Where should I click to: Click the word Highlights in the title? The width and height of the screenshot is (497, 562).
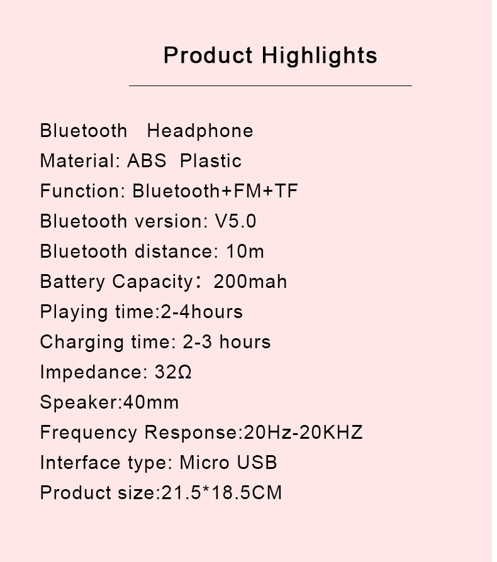[319, 57]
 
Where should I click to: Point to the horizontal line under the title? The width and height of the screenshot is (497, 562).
[271, 86]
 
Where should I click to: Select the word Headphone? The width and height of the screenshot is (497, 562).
[200, 131]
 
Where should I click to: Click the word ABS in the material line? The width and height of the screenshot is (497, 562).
[147, 160]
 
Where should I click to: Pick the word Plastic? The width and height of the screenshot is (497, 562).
[211, 160]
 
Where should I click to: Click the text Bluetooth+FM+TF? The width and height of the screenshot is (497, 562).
[215, 190]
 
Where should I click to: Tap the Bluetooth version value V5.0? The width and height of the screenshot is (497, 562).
[235, 221]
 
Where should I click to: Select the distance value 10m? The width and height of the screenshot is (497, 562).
[245, 251]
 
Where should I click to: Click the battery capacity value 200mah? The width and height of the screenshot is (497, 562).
[250, 282]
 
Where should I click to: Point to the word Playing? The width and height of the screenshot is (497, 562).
[74, 312]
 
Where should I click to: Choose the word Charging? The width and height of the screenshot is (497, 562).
[82, 342]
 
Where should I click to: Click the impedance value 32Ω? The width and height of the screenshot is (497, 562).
[173, 372]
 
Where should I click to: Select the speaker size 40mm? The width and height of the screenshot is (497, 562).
[151, 402]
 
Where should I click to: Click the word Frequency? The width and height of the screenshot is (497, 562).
[89, 433]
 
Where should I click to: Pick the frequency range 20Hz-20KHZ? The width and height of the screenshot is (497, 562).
[303, 433]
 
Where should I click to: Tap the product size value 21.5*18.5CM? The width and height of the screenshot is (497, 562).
[221, 492]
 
